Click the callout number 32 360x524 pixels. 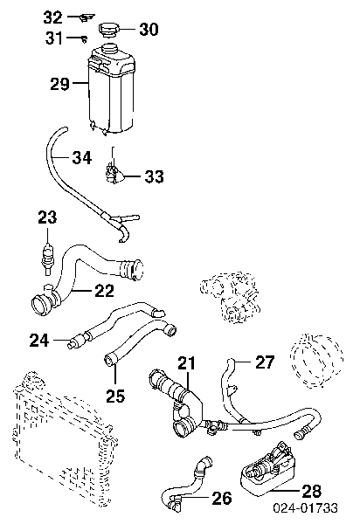[x=52, y=17]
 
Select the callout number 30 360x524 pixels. [x=149, y=30]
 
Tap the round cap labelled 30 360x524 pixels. [x=109, y=30]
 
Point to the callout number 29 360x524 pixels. [x=59, y=84]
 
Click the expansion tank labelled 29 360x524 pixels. [x=111, y=89]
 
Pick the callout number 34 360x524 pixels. [x=82, y=157]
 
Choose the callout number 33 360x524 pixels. [x=154, y=176]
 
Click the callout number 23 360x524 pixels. [x=47, y=217]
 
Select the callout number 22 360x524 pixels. [x=105, y=291]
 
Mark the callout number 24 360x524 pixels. [x=39, y=341]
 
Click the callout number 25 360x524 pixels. [x=115, y=396]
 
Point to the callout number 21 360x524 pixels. [x=187, y=363]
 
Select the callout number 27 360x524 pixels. [x=265, y=362]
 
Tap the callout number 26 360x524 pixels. [x=222, y=498]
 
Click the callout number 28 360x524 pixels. [x=312, y=491]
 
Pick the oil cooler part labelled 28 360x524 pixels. [x=268, y=468]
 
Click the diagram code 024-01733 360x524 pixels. [x=306, y=508]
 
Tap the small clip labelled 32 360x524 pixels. [x=87, y=17]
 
